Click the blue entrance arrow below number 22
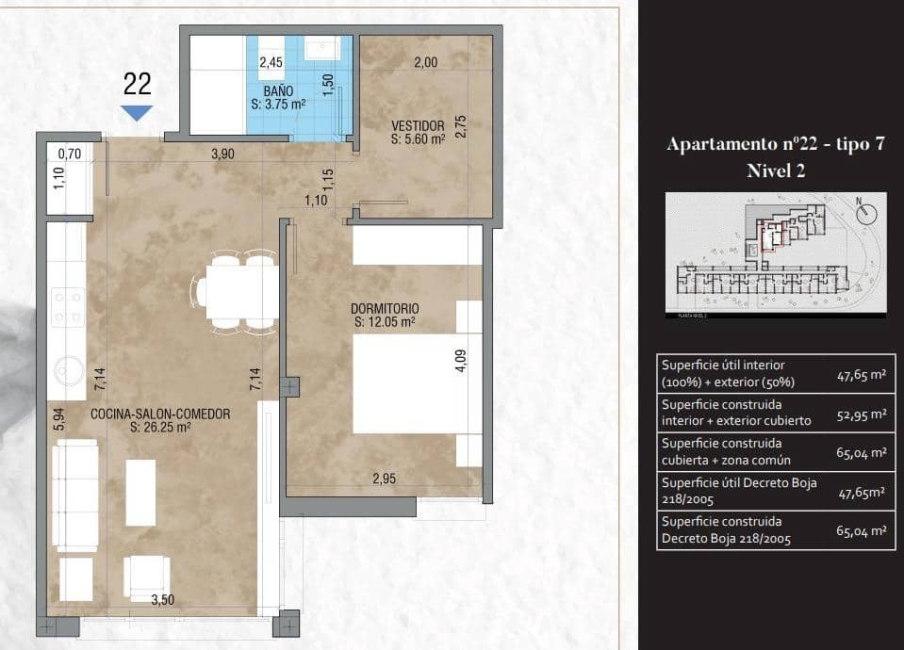138,113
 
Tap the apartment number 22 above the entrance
138,85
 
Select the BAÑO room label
278,91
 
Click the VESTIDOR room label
418,125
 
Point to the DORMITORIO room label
385,308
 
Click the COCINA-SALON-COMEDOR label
160,413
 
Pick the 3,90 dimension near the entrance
222,154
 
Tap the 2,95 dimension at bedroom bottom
384,479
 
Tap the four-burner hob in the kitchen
69,307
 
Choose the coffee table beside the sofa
140,492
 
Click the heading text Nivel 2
775,171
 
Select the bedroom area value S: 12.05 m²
385,322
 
